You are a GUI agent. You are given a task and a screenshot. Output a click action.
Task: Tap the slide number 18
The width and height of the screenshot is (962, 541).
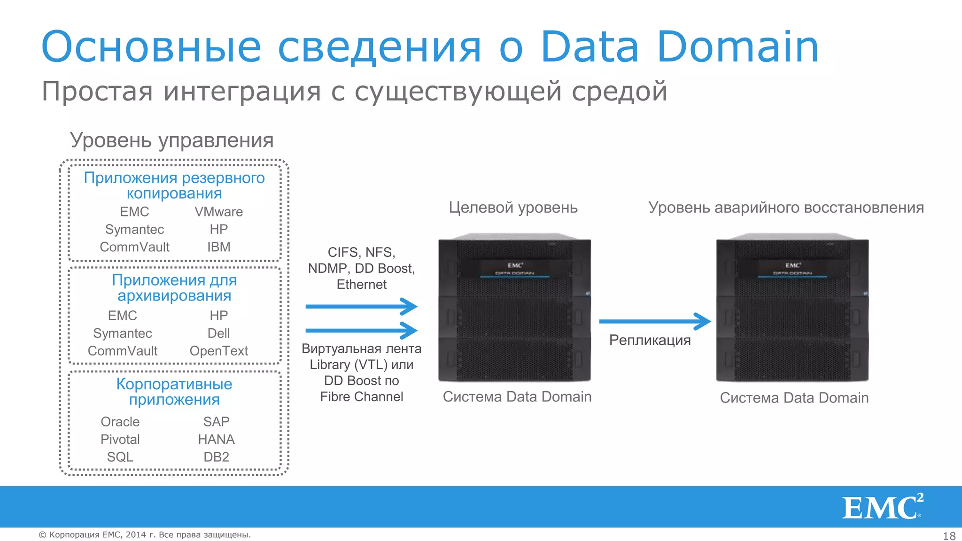(949, 536)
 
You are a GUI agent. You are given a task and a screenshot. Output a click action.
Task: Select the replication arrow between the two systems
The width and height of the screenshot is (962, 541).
(655, 322)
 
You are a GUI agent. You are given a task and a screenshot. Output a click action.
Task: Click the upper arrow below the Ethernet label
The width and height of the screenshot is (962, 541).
(361, 307)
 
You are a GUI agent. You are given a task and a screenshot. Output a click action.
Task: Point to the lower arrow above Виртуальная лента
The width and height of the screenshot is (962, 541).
(361, 330)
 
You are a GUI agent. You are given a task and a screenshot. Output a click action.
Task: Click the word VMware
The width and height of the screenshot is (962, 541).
(218, 212)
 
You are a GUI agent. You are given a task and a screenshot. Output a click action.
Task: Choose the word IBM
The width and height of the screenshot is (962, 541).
(218, 247)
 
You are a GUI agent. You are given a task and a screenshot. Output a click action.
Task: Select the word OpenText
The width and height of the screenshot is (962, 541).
(218, 351)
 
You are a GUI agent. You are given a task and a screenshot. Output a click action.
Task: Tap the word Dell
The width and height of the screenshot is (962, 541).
(218, 333)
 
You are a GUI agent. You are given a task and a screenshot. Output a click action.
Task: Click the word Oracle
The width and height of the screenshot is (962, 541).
(120, 422)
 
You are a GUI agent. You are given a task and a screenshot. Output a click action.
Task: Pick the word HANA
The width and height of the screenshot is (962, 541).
(216, 440)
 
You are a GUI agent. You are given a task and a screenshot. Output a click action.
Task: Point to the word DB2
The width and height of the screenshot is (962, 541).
(216, 457)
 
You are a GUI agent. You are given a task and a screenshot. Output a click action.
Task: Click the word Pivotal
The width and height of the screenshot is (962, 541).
(120, 440)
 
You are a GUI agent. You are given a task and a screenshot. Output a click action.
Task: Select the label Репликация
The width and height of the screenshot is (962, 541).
(650, 340)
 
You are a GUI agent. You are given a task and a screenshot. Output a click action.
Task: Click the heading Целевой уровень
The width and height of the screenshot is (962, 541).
(513, 208)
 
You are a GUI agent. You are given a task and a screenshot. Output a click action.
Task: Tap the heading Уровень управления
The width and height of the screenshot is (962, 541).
(171, 140)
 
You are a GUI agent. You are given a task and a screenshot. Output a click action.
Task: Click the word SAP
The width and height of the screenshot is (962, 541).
(216, 422)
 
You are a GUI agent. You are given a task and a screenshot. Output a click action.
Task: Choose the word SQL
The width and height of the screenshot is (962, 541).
(120, 457)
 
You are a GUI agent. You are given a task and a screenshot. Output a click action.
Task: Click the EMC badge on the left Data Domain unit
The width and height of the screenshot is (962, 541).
(515, 265)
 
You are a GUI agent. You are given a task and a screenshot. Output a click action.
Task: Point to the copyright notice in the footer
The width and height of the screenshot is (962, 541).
(145, 535)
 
